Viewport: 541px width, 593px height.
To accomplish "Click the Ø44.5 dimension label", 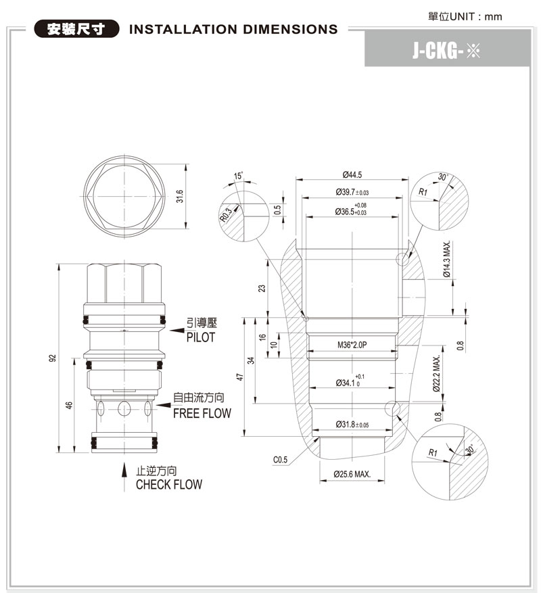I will tap(352, 174).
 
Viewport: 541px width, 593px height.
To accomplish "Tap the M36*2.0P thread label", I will tap(352, 345).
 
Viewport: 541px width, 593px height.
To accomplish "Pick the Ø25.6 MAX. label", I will tap(352, 474).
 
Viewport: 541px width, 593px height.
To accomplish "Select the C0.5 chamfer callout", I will tap(281, 460).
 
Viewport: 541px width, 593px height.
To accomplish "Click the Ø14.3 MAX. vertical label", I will tap(447, 266).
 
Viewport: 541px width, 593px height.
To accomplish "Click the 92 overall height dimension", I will tap(52, 358).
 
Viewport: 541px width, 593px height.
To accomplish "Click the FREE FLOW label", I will tap(202, 413).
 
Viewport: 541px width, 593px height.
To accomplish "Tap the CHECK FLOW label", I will tap(168, 485).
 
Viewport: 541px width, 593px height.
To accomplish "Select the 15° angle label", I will tap(237, 176).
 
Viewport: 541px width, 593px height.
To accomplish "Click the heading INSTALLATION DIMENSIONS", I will tap(233, 30).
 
